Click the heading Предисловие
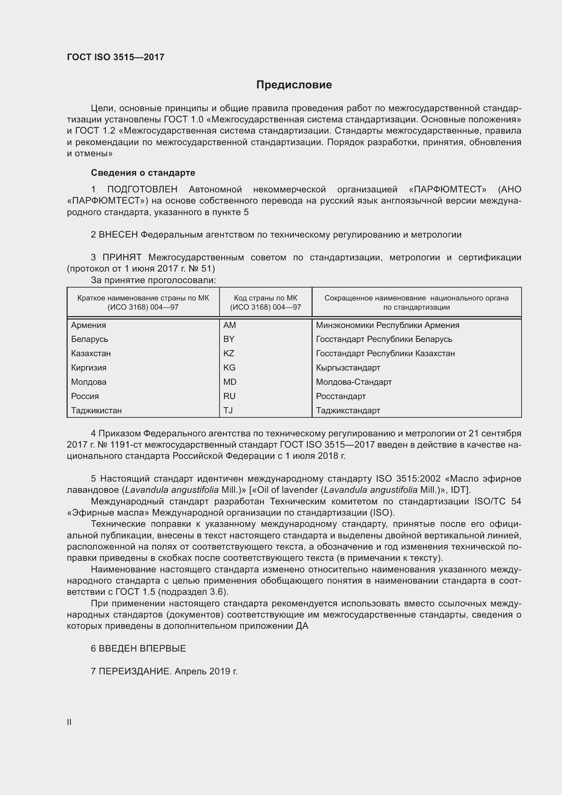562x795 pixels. pyautogui.click(x=294, y=85)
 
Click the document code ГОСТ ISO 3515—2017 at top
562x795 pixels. pyautogui.click(x=116, y=57)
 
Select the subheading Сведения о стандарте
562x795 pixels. pyautogui.click(x=143, y=172)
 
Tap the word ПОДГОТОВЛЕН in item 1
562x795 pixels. pyautogui.click(x=142, y=189)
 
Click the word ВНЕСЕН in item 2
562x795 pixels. pyautogui.click(x=118, y=235)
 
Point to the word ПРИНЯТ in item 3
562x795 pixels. pyautogui.click(x=122, y=257)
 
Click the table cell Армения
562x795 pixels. pyautogui.click(x=89, y=325)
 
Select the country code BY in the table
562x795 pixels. pyautogui.click(x=229, y=339)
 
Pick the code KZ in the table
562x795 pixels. pyautogui.click(x=229, y=353)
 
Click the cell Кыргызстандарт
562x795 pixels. pyautogui.click(x=348, y=368)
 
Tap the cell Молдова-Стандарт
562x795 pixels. pyautogui.click(x=354, y=382)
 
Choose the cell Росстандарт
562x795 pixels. pyautogui.click(x=340, y=396)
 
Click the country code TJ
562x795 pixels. pyautogui.click(x=228, y=410)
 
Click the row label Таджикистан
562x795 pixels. pyautogui.click(x=96, y=410)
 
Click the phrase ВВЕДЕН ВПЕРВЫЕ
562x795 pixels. pyautogui.click(x=142, y=649)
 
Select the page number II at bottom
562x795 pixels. pyautogui.click(x=69, y=722)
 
